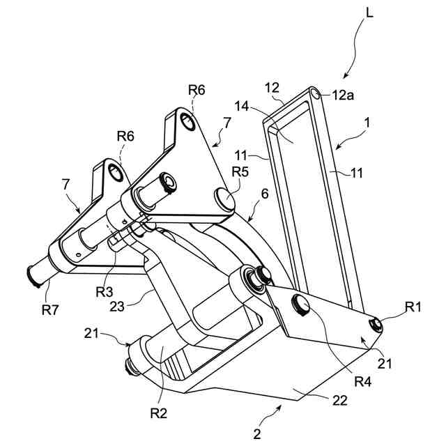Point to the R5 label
click(x=240, y=171)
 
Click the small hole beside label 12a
click(x=317, y=93)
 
